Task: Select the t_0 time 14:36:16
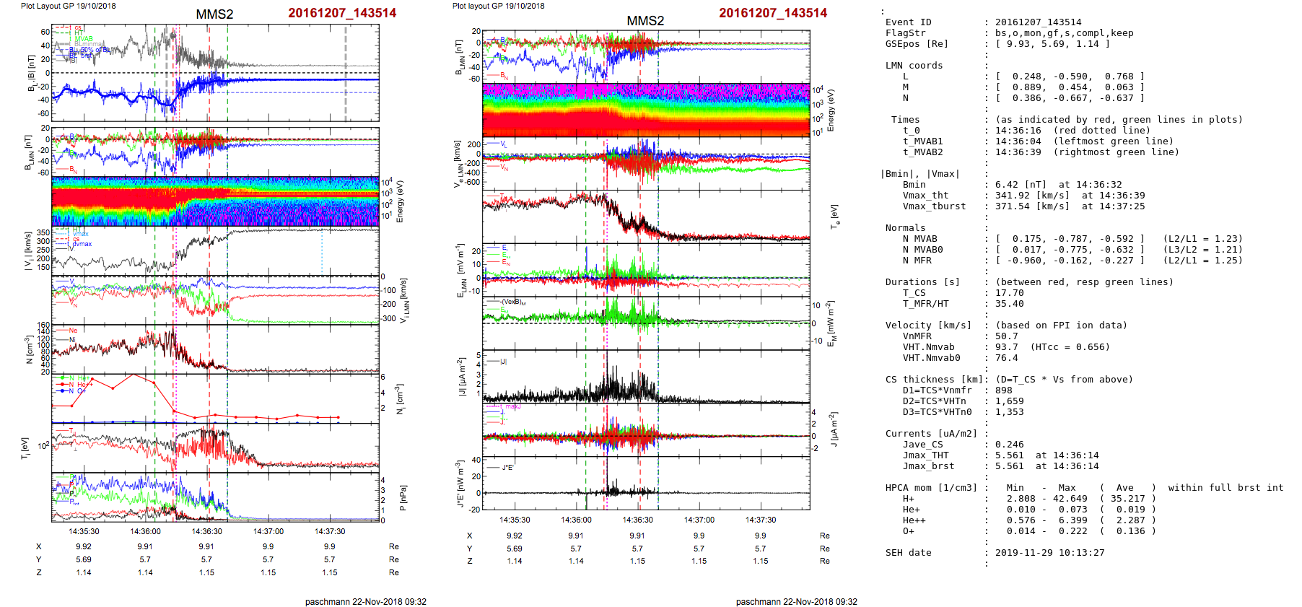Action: tap(1018, 131)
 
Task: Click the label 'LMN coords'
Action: tap(914, 66)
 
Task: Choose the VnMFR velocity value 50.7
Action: tap(1006, 336)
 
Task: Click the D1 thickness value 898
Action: tap(1003, 390)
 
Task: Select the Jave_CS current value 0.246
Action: tap(1009, 445)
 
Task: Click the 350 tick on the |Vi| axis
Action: tap(43, 233)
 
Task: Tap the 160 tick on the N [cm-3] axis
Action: tap(43, 326)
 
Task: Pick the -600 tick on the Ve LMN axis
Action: tap(472, 183)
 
